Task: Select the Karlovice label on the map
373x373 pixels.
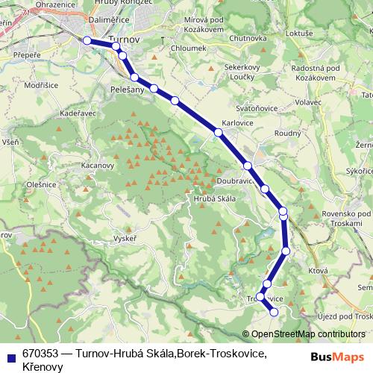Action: pos(236,125)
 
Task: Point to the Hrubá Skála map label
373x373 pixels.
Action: pos(215,198)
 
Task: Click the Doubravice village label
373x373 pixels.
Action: pos(238,181)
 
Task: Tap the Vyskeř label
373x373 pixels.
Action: pos(124,239)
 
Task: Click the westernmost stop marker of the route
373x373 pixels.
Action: pos(87,40)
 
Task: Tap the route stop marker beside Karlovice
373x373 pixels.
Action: pos(219,132)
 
